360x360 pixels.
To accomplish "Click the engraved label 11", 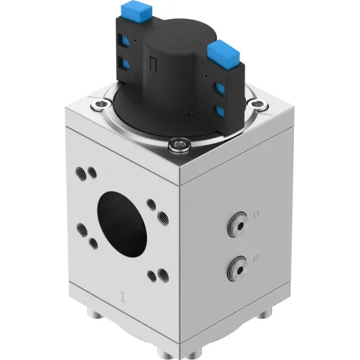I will pyautogui.click(x=256, y=215).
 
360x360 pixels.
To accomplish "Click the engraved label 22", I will pyautogui.click(x=255, y=258).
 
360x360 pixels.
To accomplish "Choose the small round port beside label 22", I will pyautogui.click(x=237, y=267).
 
